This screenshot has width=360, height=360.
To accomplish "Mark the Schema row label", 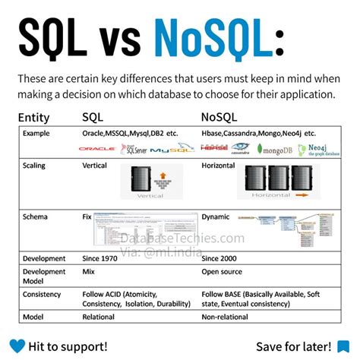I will coord(36,217).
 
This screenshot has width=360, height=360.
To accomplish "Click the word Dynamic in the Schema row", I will coord(216,217).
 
